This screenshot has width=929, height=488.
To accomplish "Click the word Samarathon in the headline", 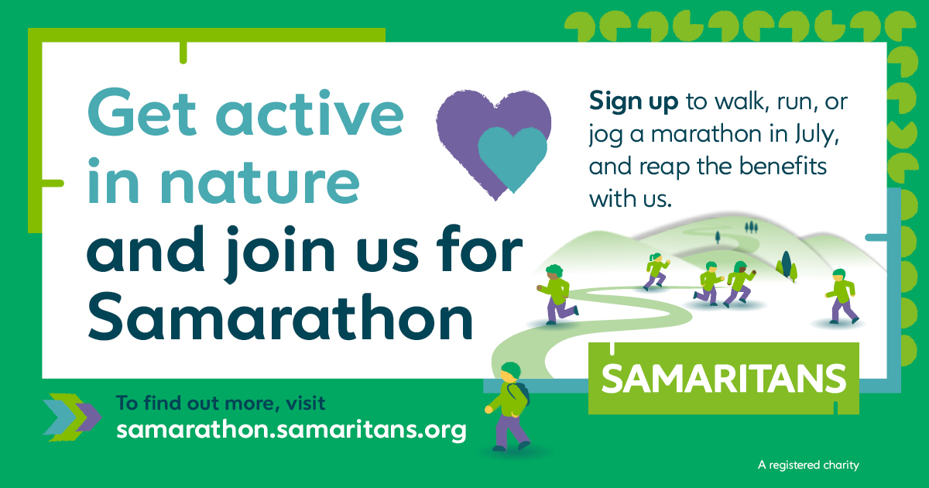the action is (x=280, y=316).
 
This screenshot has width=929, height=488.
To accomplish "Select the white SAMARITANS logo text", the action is (x=723, y=379).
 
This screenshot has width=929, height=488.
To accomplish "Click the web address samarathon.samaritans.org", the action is (x=292, y=430).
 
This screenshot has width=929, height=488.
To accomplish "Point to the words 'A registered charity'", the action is (x=808, y=466).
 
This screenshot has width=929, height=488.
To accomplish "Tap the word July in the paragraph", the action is (x=817, y=135).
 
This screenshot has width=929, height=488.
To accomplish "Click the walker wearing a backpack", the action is (x=509, y=406).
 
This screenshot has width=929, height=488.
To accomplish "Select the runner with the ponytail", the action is (x=656, y=270).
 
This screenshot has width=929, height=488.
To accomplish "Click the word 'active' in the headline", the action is (x=310, y=113).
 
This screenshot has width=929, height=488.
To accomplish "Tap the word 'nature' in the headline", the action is (x=260, y=183).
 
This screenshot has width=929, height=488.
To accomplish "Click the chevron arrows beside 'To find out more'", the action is (x=72, y=417).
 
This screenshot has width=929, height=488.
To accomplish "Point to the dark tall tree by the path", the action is (x=786, y=263).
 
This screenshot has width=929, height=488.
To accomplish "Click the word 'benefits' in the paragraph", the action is (x=783, y=166).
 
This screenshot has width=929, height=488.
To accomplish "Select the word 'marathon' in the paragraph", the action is (x=707, y=135).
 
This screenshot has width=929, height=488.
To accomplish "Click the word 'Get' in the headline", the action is (x=142, y=112).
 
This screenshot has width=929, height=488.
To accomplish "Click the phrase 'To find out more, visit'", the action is (x=221, y=403).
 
